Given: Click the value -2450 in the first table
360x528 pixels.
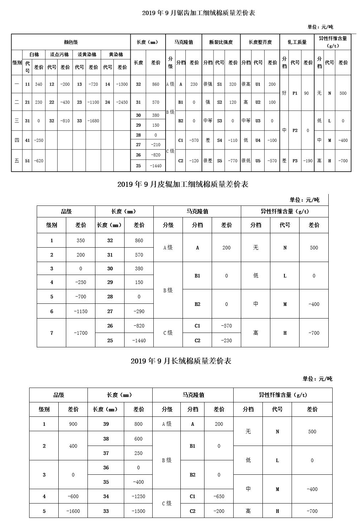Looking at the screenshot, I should [x=122, y=102].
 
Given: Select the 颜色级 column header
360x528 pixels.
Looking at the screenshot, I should [x=71, y=42].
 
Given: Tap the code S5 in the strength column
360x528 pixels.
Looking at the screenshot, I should [x=220, y=161].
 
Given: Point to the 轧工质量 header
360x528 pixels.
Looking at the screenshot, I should [x=297, y=42].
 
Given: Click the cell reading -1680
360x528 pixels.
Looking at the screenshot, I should [x=93, y=121].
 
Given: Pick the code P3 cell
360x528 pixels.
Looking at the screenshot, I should [x=295, y=161].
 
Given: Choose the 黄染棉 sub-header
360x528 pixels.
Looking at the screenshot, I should [x=116, y=55].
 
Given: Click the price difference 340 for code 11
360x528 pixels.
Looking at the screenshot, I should [x=39, y=84].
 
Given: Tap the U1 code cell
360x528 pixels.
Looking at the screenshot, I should [x=258, y=84].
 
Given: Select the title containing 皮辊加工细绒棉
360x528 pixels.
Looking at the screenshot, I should [x=183, y=184].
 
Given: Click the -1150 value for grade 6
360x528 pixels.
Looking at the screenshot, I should [x=81, y=311].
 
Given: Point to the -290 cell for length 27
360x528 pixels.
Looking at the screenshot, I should [x=139, y=311].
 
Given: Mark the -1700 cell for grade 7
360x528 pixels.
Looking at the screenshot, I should [x=81, y=333].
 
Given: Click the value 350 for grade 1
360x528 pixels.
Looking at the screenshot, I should [x=81, y=240].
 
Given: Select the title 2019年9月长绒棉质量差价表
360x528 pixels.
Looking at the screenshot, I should [x=181, y=361].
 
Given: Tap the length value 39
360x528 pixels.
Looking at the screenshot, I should [x=106, y=424].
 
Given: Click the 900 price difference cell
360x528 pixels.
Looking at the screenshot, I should [x=73, y=424].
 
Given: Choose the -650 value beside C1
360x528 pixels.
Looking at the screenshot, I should [x=219, y=496].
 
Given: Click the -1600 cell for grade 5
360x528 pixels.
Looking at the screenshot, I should [x=73, y=511].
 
